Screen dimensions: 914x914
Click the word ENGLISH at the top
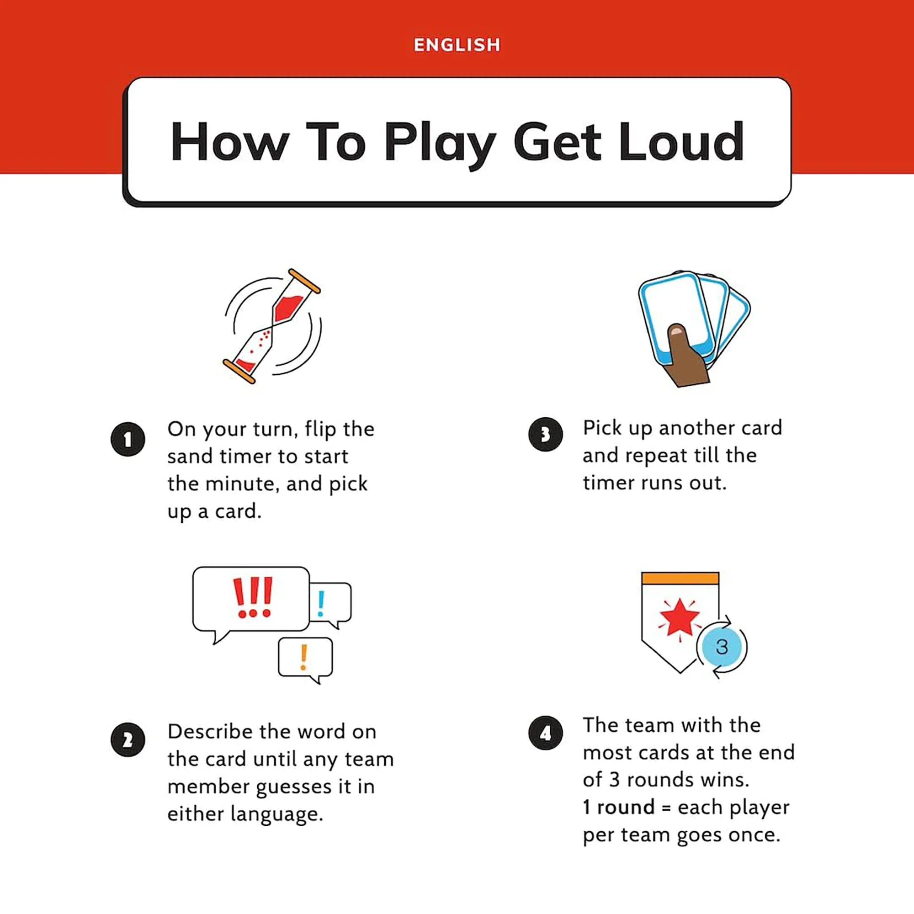(457, 45)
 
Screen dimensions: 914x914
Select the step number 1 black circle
(128, 439)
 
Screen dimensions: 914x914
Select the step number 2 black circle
(128, 740)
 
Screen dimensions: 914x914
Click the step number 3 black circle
(546, 434)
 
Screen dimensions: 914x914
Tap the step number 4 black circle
(546, 733)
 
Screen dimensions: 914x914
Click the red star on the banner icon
(680, 617)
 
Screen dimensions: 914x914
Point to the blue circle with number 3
(721, 647)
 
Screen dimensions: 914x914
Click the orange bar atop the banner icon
(680, 578)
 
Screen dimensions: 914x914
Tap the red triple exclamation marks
(253, 597)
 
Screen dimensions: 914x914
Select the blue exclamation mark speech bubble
(331, 603)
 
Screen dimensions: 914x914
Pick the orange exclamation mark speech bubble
(305, 658)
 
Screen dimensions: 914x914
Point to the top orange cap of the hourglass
(304, 281)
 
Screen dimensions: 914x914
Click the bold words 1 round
(618, 807)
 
